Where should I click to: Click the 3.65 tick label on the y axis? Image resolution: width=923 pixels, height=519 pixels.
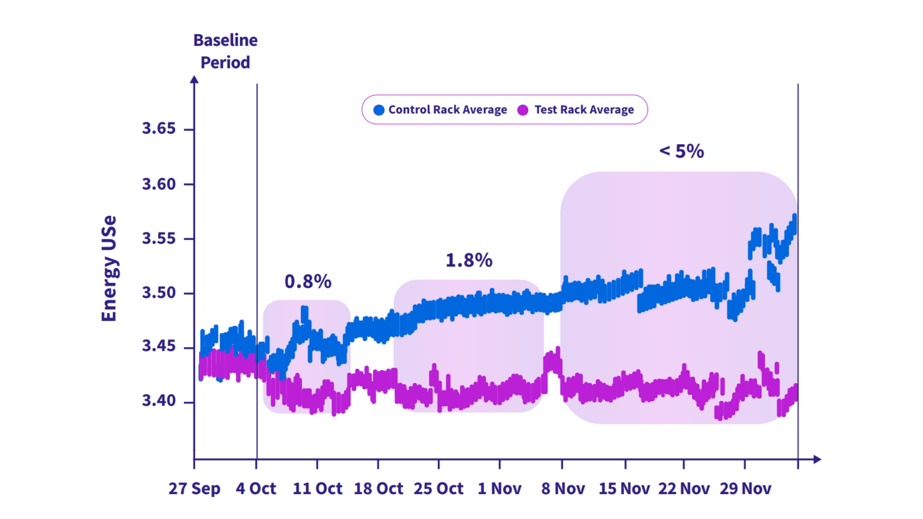click(x=159, y=129)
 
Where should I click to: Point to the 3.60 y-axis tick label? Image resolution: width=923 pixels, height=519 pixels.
click(x=159, y=184)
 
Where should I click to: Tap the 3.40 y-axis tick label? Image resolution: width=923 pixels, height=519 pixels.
click(x=159, y=400)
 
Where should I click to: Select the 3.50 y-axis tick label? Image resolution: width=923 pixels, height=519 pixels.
click(x=159, y=293)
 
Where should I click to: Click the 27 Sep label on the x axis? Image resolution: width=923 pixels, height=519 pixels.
click(x=194, y=489)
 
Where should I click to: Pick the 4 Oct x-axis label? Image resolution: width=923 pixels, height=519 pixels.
click(x=256, y=489)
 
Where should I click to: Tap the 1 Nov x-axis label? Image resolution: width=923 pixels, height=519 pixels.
click(x=499, y=489)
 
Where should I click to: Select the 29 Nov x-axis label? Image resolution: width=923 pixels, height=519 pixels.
click(x=745, y=489)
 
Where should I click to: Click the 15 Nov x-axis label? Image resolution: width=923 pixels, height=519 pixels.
click(x=624, y=489)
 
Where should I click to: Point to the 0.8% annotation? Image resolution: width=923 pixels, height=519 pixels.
click(x=308, y=282)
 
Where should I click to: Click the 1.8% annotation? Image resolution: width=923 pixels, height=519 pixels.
click(x=469, y=260)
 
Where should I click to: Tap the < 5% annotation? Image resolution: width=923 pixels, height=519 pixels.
click(x=682, y=151)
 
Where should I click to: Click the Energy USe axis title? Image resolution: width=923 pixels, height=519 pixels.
click(x=109, y=268)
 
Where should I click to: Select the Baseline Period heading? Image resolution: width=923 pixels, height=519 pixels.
click(x=225, y=51)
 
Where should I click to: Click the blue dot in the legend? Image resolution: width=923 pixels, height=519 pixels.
click(x=379, y=110)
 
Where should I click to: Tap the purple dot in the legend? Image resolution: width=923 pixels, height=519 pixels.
click(x=523, y=110)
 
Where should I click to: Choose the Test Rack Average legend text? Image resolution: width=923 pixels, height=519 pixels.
click(x=584, y=110)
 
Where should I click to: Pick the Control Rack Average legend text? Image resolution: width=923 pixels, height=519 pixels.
click(x=448, y=110)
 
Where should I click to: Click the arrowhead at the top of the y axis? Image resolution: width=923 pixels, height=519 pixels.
click(x=194, y=79)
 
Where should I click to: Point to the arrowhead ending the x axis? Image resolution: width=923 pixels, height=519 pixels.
click(x=817, y=459)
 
